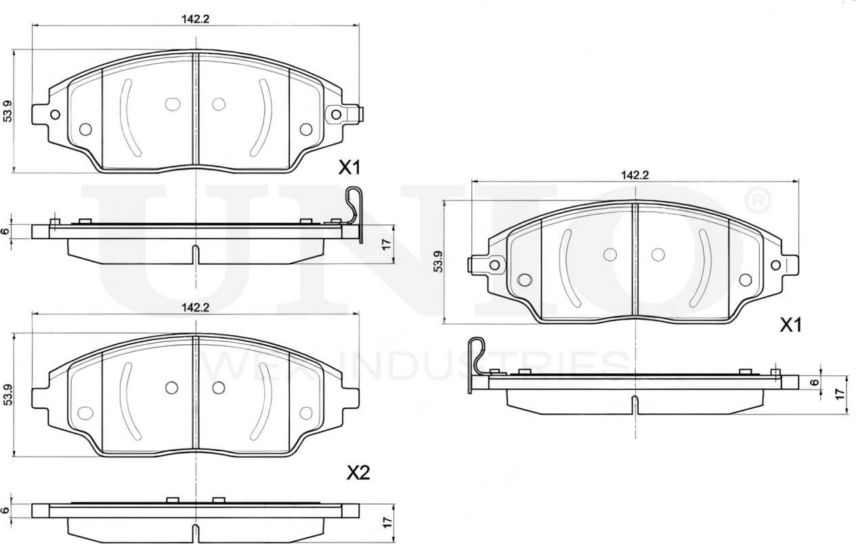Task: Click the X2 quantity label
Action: [358, 473]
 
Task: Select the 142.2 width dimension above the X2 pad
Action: [195, 307]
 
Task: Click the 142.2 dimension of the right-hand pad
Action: [635, 175]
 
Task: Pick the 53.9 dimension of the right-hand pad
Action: [438, 261]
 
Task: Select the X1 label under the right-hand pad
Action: [790, 326]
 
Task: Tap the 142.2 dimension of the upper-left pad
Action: [195, 20]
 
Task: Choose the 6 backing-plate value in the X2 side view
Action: [5, 510]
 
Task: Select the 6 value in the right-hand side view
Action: [815, 381]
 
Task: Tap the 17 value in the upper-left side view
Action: [387, 244]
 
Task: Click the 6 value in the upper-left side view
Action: [5, 231]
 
